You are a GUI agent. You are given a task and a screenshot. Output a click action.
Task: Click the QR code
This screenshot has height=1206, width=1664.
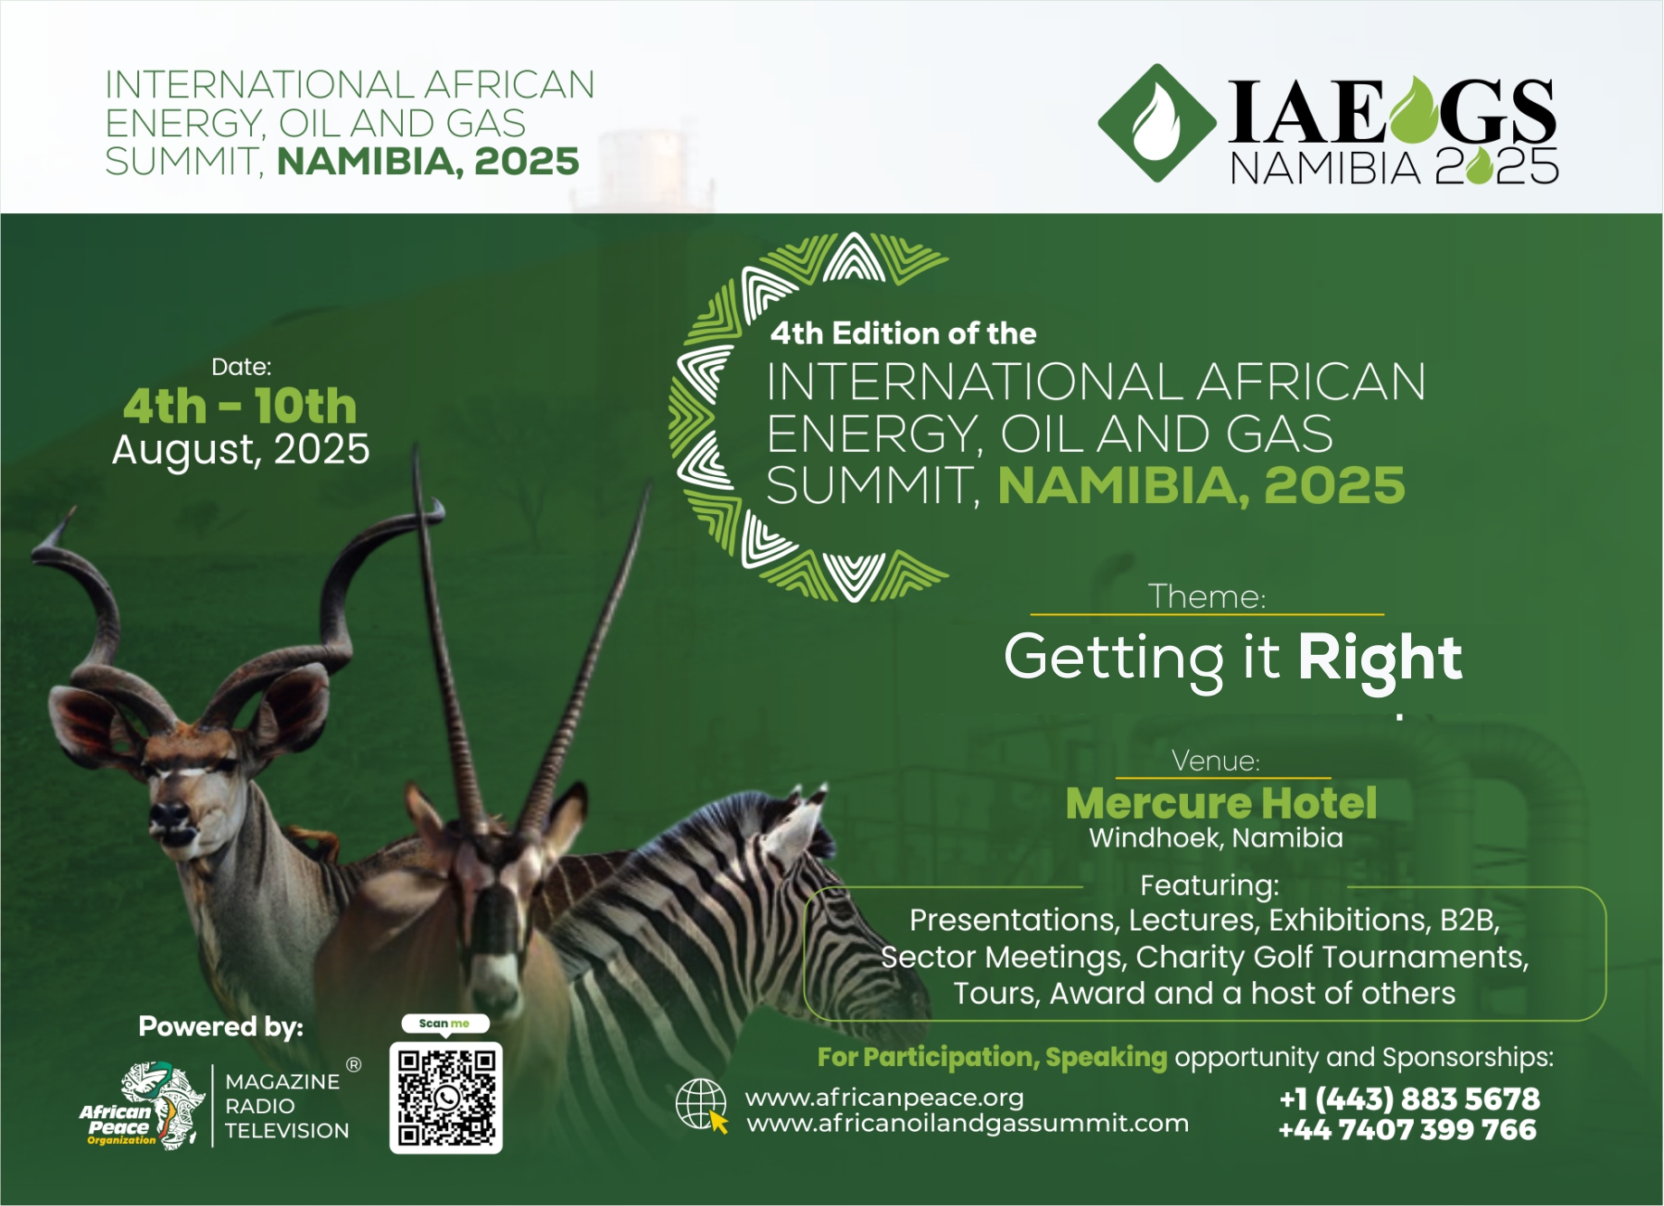(x=446, y=1097)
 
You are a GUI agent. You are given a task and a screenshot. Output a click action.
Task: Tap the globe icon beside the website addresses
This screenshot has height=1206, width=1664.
(x=702, y=1105)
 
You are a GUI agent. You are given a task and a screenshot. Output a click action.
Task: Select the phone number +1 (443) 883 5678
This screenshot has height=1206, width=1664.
(x=1409, y=1099)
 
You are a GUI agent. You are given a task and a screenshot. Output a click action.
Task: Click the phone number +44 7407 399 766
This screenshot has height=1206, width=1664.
(x=1407, y=1129)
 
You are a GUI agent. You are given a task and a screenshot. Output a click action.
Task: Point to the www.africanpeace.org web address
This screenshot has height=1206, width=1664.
(x=884, y=1098)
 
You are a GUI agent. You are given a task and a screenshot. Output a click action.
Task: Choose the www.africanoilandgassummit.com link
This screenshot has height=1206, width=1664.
(x=968, y=1124)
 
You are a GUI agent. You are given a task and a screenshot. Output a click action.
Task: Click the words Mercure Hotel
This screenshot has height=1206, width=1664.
(x=1221, y=802)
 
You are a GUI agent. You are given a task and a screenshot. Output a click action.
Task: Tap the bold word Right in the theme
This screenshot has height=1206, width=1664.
(x=1379, y=659)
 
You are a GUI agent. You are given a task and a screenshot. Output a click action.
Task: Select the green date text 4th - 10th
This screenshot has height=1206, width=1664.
(x=240, y=406)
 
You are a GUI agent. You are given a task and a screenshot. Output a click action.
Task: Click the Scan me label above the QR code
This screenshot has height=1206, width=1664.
(x=444, y=1024)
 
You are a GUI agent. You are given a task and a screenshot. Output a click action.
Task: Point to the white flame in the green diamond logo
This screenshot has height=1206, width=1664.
(x=1155, y=123)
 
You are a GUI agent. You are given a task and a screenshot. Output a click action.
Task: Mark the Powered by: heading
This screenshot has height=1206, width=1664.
(x=221, y=1027)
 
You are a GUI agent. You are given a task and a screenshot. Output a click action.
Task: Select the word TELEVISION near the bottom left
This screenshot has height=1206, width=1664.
(x=286, y=1130)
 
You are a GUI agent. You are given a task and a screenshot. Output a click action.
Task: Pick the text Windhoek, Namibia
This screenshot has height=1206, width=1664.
(x=1216, y=838)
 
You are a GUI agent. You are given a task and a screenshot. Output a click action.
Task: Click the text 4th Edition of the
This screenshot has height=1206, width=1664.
(x=903, y=333)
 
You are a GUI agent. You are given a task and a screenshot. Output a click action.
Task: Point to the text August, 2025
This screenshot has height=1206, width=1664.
(x=241, y=450)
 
